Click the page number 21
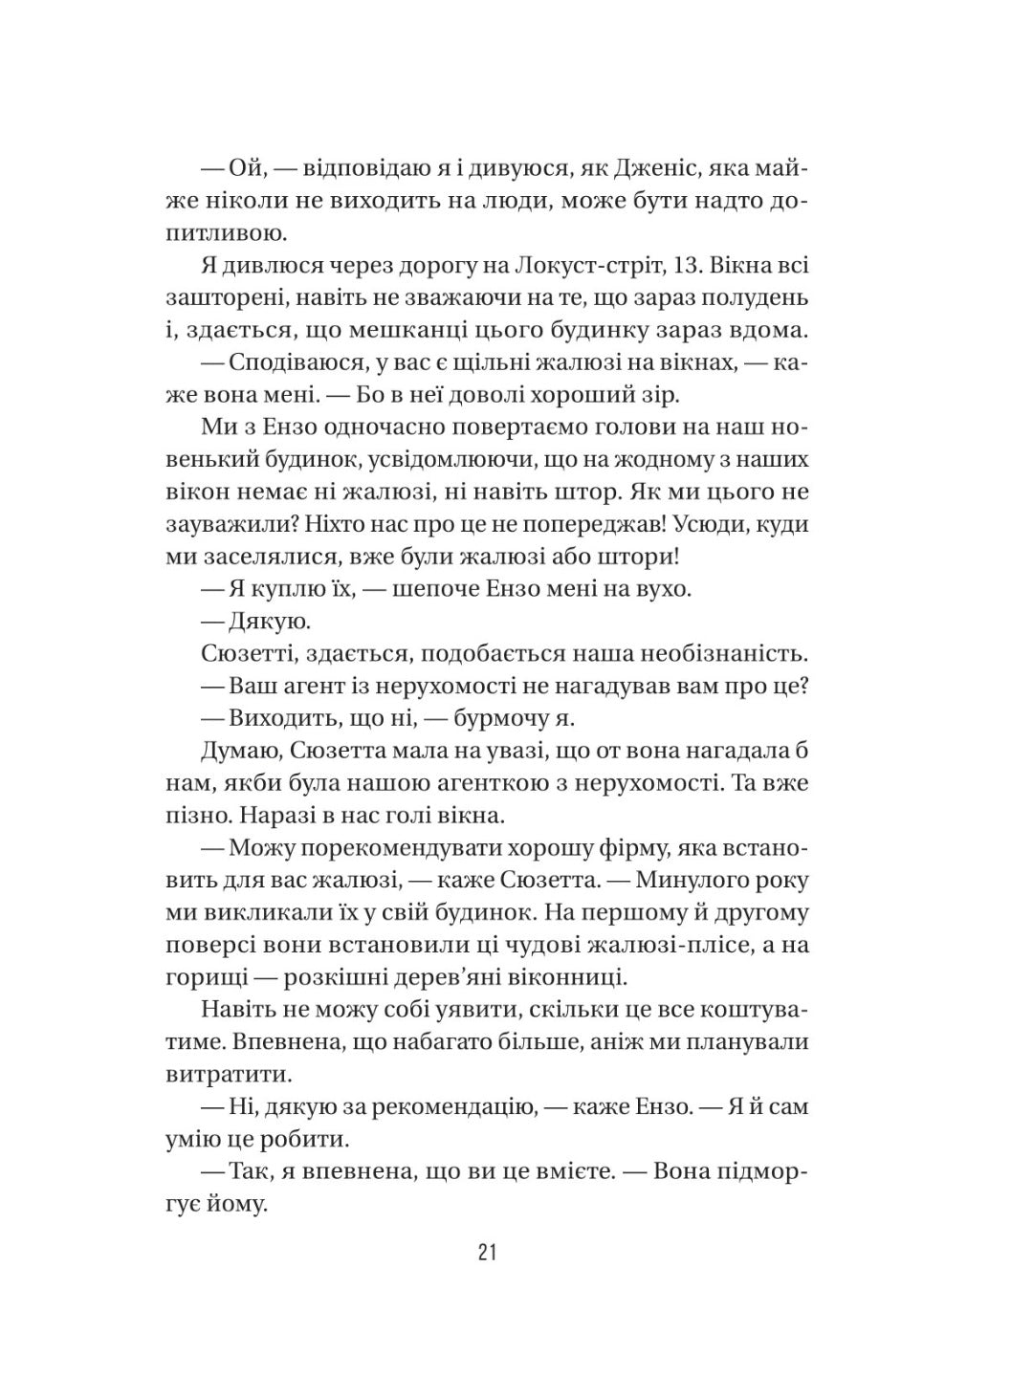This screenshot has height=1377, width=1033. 486,1253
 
